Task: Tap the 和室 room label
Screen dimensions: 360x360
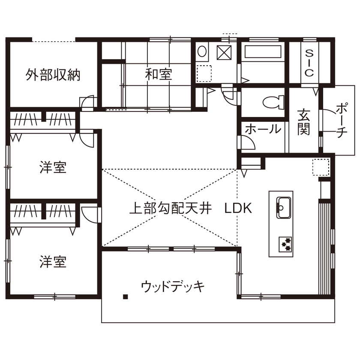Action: pos(159,75)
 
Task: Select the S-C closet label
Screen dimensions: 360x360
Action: pos(309,63)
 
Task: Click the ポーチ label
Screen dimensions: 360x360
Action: pos(341,120)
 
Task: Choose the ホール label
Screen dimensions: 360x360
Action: pos(263,129)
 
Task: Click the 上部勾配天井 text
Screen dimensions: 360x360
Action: pos(171,209)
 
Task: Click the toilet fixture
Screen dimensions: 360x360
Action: pos(273,102)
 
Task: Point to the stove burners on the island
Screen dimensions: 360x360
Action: pos(285,244)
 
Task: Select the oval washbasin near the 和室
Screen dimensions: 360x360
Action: pos(202,52)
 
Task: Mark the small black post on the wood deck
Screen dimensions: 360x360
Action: pos(125,297)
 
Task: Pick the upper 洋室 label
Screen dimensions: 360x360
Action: pos(53,167)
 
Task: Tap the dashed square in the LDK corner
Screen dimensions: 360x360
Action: pos(321,167)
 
